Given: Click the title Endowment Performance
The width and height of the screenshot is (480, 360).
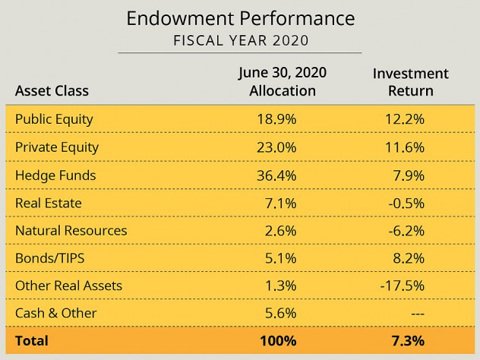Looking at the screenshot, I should pyautogui.click(x=239, y=17).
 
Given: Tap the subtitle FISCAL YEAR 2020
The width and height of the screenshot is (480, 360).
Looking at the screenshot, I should pyautogui.click(x=239, y=40).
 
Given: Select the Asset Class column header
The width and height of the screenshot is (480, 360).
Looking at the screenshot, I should pyautogui.click(x=52, y=91).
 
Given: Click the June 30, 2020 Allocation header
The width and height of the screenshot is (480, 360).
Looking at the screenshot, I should pyautogui.click(x=283, y=82).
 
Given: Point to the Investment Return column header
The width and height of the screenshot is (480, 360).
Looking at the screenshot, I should pyautogui.click(x=410, y=82).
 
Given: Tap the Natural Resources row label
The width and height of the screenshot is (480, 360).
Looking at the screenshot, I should pyautogui.click(x=71, y=230).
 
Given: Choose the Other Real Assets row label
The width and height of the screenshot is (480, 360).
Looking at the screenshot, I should pyautogui.click(x=68, y=286).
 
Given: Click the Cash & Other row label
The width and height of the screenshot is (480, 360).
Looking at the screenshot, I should pyautogui.click(x=56, y=313).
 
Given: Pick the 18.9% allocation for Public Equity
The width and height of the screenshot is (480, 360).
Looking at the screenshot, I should pyautogui.click(x=277, y=119).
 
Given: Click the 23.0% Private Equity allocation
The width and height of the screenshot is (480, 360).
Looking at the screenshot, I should pyautogui.click(x=277, y=147).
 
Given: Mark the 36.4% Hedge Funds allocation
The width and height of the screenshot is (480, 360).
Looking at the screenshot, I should pyautogui.click(x=277, y=175).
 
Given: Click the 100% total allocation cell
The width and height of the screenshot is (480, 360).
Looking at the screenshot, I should pyautogui.click(x=277, y=341).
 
